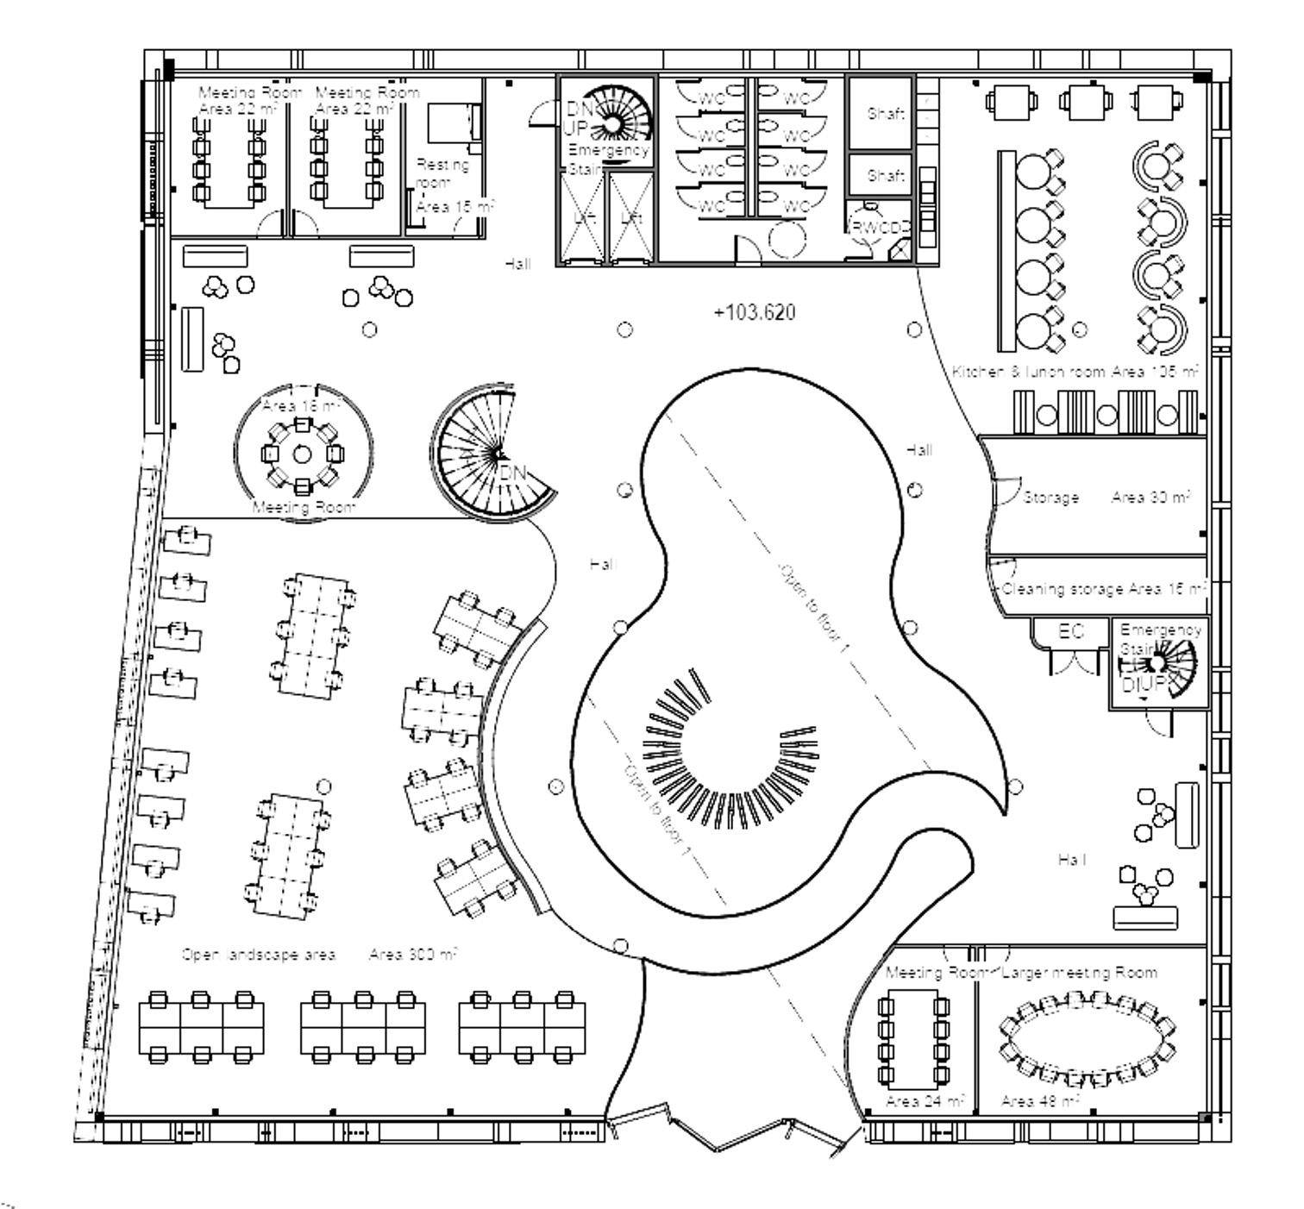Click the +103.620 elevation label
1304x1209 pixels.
tap(755, 312)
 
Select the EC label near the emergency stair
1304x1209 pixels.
tap(1070, 631)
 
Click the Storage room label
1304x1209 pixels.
tap(1050, 498)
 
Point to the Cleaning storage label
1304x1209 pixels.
tap(1063, 589)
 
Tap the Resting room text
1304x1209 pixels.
tap(442, 173)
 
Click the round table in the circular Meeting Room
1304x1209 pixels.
tap(302, 454)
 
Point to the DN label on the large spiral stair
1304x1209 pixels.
tap(513, 473)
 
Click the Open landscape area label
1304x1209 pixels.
tap(259, 955)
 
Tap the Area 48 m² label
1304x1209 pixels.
tap(1040, 1101)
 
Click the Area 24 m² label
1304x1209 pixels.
tap(925, 1101)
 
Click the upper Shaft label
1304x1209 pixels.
tap(886, 113)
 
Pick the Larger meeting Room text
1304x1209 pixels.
tap(1080, 973)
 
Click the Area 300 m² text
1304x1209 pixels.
tap(413, 955)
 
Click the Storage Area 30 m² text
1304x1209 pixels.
tap(1150, 498)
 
